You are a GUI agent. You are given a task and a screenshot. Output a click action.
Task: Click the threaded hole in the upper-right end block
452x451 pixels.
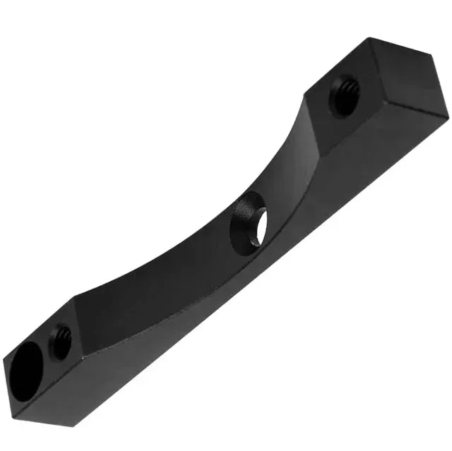[346, 95]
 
